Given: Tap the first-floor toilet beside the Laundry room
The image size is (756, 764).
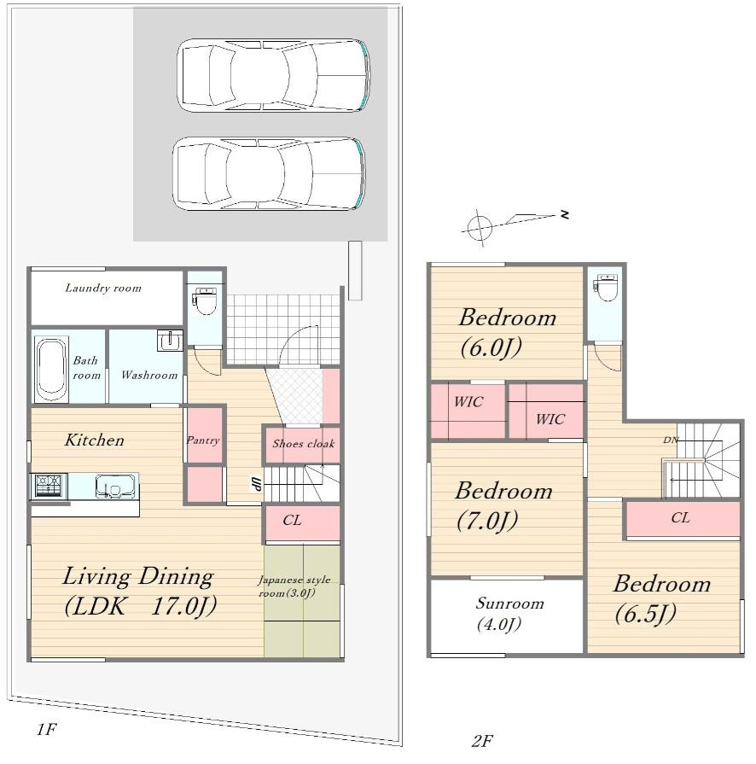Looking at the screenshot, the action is coord(206,300).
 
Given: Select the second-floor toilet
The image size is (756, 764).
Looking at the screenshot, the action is coord(607,289).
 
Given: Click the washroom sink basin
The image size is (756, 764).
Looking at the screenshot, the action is coord(170,340).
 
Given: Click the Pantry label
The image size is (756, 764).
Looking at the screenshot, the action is coord(203,440).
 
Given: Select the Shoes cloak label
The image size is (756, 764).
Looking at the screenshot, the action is coord(304,443).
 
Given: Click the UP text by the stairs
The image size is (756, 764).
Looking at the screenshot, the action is coord(256,484).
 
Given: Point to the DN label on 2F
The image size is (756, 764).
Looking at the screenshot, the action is coord(671,440).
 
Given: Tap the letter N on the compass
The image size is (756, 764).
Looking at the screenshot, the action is coord(565,214).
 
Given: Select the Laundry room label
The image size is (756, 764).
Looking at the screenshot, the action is coord(103,288).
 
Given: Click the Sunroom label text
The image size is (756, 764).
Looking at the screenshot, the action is coord(509,604).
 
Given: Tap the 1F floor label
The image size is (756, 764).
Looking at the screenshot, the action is coord(46,729).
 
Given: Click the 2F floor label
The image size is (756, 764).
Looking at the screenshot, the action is coord(482,741).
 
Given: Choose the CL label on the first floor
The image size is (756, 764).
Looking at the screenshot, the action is coord(293,521).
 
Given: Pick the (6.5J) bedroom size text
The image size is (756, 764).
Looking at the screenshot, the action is coord(645,614).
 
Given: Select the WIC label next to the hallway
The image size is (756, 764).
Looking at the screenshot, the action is coord(550,419).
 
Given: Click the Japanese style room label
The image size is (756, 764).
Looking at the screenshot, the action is coord(294,586).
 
